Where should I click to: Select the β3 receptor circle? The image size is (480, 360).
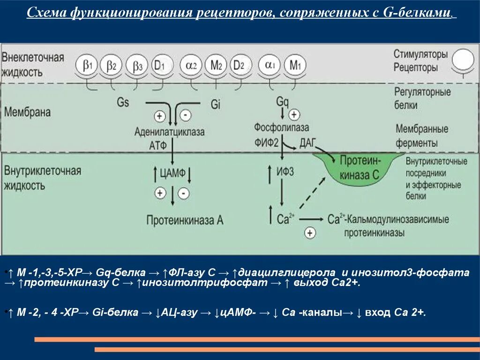[137, 67]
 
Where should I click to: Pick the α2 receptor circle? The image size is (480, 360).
[192, 67]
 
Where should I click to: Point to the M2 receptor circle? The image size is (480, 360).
[216, 67]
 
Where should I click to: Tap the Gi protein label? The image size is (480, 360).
[216, 104]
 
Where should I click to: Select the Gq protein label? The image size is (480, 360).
[282, 101]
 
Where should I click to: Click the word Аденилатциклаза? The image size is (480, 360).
[169, 132]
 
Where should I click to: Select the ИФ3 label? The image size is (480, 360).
[285, 172]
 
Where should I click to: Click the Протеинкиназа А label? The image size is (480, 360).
[185, 220]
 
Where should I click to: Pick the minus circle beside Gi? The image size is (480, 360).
[185, 114]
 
